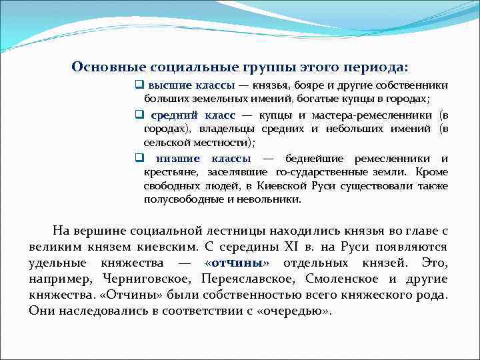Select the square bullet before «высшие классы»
139,85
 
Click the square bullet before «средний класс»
139,115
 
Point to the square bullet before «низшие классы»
139,159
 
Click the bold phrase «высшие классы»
191,86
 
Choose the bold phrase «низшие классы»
203,159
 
